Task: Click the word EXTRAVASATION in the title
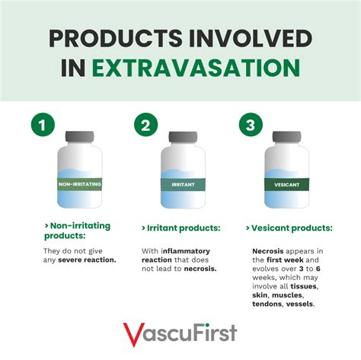196,68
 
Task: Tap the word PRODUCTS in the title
116,39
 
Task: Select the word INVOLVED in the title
251,39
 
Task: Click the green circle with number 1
43,125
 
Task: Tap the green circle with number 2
146,125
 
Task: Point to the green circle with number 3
251,125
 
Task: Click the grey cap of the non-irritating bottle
80,136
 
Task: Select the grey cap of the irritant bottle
183,136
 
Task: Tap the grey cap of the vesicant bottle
287,136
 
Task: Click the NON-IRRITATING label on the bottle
80,184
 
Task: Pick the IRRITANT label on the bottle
183,184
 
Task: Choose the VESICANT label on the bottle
287,184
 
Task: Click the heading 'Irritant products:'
181,228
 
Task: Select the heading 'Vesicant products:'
289,228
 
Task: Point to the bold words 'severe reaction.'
87,260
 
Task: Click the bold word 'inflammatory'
185,251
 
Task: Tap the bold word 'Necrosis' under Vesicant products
268,251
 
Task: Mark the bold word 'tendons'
267,304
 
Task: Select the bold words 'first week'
285,260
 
